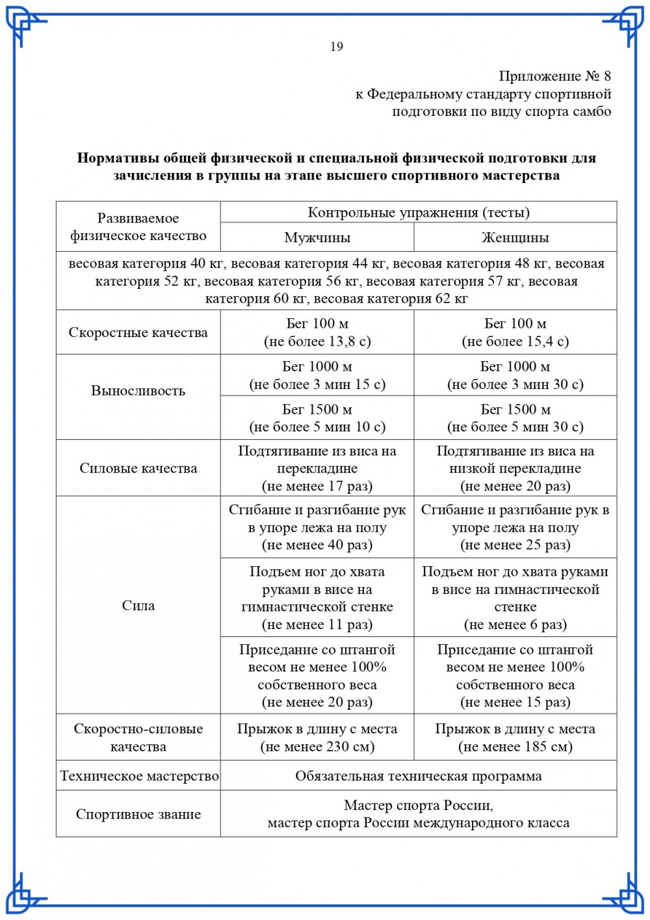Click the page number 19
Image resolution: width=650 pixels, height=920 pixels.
[336, 46]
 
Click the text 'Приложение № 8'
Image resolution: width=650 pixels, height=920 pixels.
[554, 76]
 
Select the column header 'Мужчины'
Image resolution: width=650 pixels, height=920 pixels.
[317, 237]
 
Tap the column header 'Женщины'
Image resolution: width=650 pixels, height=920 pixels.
[515, 237]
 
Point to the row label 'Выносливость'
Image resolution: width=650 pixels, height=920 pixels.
[138, 390]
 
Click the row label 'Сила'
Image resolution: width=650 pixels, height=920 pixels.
[138, 605]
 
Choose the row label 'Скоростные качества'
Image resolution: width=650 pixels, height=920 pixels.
[138, 332]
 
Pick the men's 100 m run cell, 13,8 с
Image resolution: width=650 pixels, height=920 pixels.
[317, 332]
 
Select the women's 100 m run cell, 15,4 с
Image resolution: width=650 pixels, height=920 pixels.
[515, 332]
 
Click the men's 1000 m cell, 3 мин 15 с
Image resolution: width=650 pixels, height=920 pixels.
[317, 375]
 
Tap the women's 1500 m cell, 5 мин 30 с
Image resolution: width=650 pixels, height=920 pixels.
[515, 418]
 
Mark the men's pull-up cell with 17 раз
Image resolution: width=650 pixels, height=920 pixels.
[317, 468]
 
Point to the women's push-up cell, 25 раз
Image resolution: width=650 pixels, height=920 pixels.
[515, 528]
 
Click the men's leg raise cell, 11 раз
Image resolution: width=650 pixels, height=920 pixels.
[317, 598]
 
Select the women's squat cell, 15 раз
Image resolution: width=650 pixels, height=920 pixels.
[515, 676]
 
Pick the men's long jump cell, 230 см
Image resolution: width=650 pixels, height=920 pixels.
[317, 738]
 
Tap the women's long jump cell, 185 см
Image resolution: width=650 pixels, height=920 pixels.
[515, 738]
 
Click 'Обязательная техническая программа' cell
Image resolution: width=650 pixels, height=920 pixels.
[418, 776]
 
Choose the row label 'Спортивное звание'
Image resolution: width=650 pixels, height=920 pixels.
[138, 814]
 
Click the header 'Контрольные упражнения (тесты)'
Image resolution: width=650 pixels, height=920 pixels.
[418, 213]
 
